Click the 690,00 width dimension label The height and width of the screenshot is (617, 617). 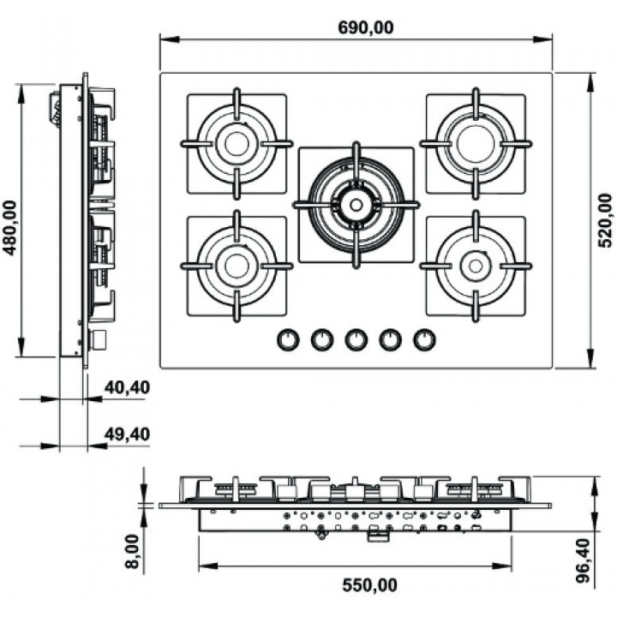(x=366, y=27)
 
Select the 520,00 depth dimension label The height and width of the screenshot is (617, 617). (x=605, y=220)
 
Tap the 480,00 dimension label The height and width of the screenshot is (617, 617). (x=9, y=228)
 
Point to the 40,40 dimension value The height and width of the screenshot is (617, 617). (x=127, y=387)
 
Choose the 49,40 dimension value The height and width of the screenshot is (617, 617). (x=127, y=434)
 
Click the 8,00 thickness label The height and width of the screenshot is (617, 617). (x=133, y=551)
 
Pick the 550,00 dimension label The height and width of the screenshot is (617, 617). (x=369, y=585)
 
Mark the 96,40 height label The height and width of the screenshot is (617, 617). (x=584, y=560)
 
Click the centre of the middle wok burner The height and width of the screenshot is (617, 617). (x=356, y=205)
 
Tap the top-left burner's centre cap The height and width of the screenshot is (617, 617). (x=237, y=144)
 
